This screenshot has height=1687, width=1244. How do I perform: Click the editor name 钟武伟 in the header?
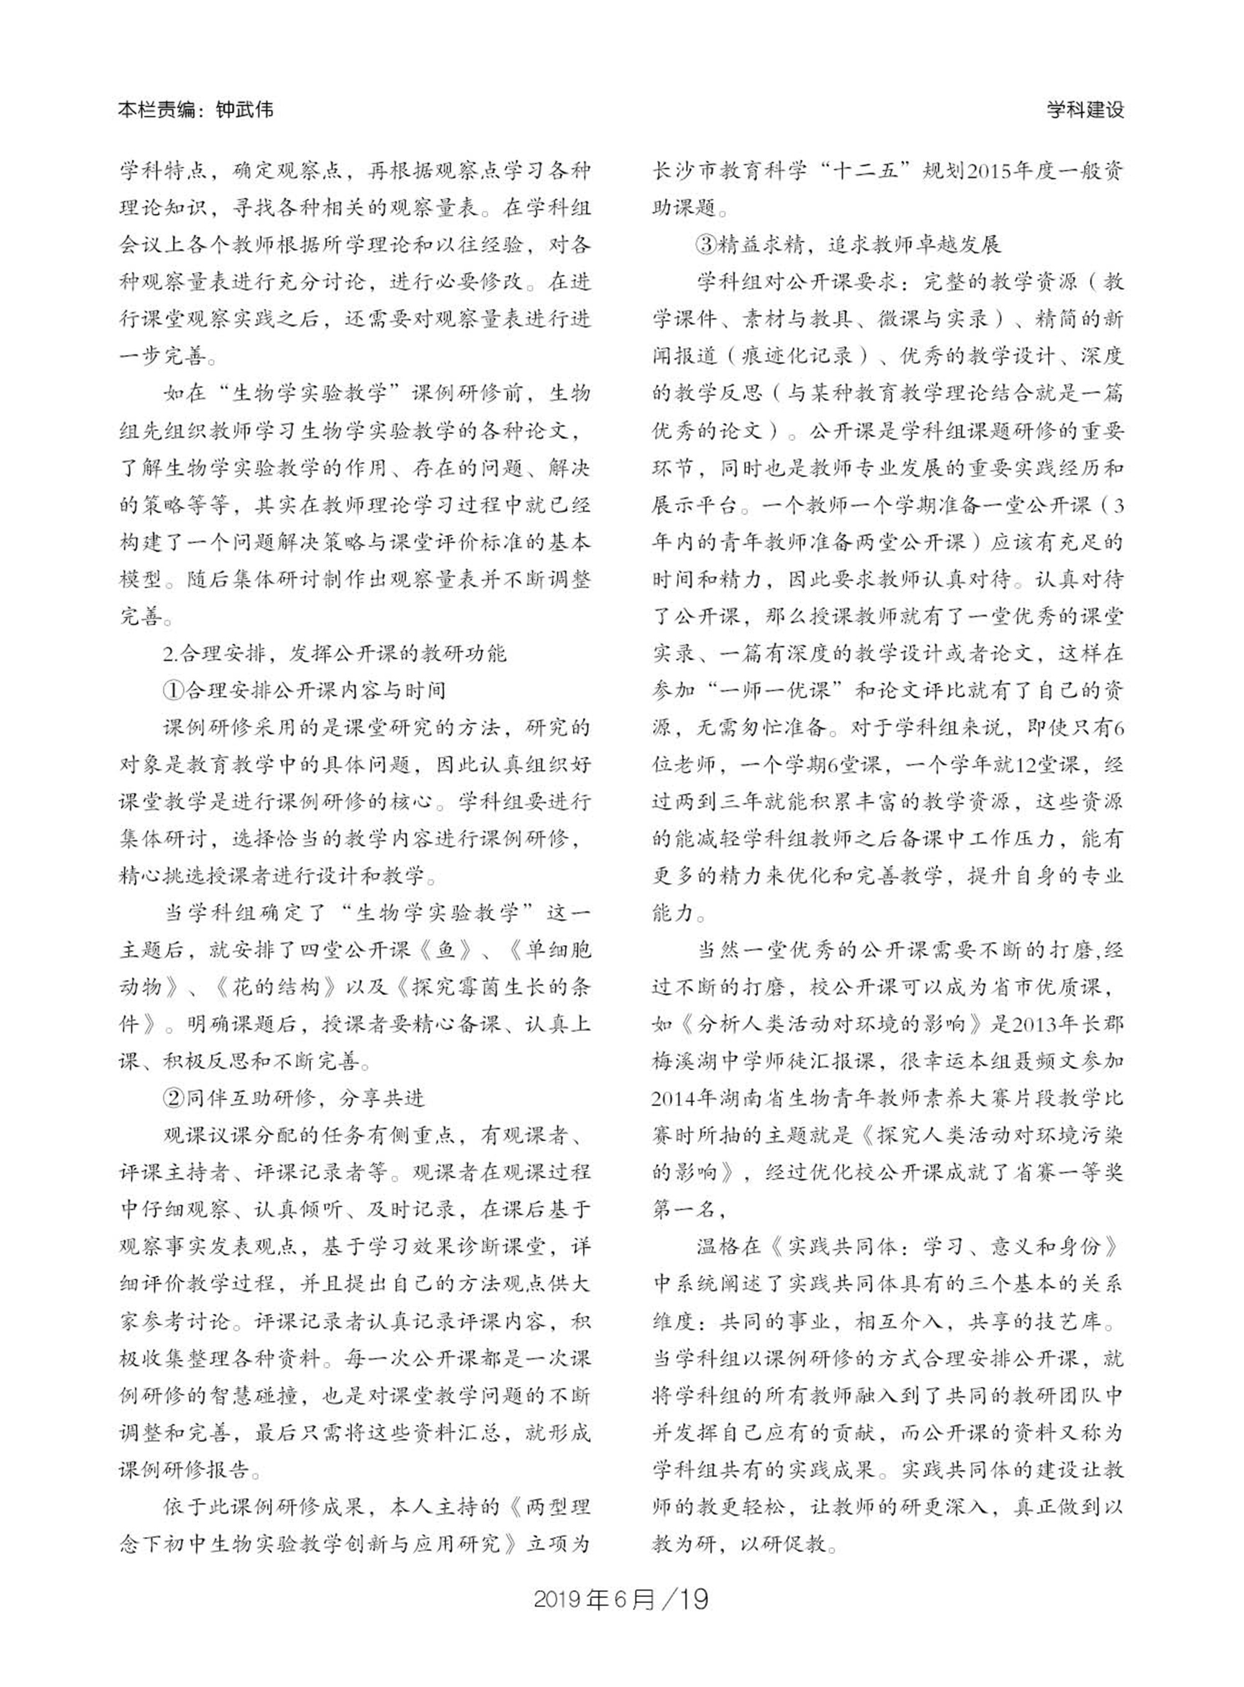coord(244,110)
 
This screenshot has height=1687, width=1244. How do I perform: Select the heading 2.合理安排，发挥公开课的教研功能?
coord(335,653)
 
